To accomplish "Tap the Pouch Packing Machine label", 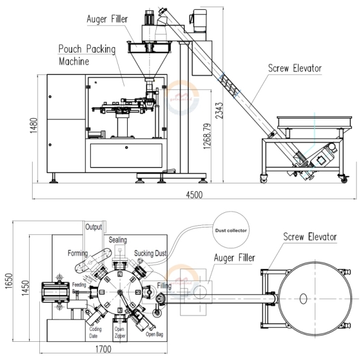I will pyautogui.click(x=85, y=54).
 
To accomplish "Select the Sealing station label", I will pyautogui.click(x=118, y=240).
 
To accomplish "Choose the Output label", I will pyautogui.click(x=94, y=227).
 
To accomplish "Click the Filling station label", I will pyautogui.click(x=164, y=286).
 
